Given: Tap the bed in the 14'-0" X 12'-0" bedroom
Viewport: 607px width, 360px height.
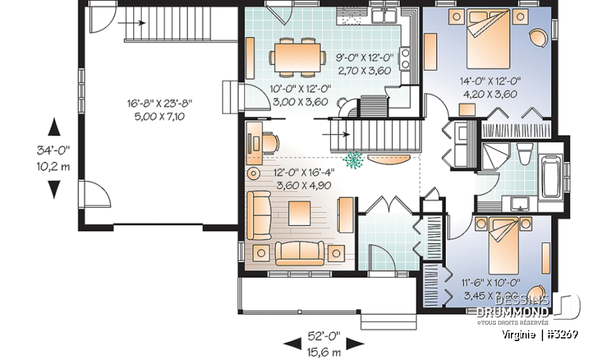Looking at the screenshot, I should click(x=489, y=39).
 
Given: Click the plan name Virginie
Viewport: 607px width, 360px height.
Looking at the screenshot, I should click(x=518, y=334).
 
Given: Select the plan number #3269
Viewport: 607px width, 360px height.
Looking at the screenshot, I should click(x=561, y=334).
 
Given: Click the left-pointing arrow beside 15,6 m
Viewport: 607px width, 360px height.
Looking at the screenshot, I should click(x=291, y=345).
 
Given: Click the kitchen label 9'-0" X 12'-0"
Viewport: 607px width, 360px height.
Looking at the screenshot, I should click(x=364, y=57).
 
